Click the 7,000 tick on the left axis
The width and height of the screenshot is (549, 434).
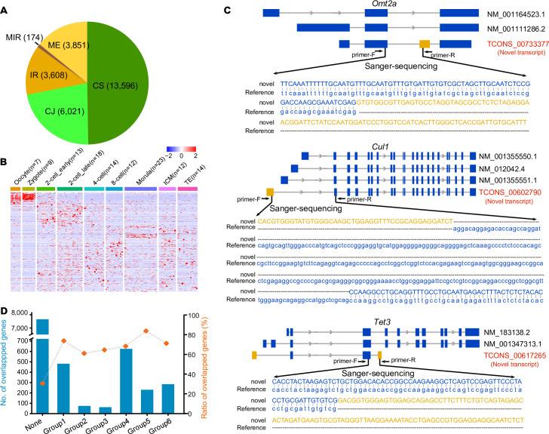click(x=23, y=285)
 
